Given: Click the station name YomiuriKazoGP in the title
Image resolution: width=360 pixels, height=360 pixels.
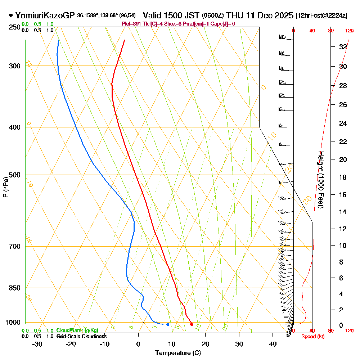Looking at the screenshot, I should tap(45, 15).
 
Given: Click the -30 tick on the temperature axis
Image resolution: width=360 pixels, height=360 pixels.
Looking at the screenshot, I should tap(37, 344).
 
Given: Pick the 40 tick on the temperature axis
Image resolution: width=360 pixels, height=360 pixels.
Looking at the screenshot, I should tap(273, 344).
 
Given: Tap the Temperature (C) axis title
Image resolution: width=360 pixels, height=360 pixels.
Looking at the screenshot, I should tap(178, 353).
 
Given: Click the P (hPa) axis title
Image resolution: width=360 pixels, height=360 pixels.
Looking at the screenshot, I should tap(5, 187).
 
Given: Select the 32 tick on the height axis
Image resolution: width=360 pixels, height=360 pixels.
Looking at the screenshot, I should tap(343, 47).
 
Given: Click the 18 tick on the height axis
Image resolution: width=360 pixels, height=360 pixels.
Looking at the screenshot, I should tap(343, 177).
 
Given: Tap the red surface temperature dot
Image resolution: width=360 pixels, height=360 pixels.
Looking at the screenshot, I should tap(191, 324).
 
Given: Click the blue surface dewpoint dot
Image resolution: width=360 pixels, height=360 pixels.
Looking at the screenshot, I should tap(168, 324).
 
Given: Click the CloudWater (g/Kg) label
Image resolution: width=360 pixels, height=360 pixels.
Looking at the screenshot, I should tap(77, 330).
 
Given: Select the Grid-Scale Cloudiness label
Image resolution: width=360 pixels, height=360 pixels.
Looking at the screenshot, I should tap(81, 336).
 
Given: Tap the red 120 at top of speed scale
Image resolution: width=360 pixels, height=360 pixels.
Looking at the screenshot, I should tap(349, 31).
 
